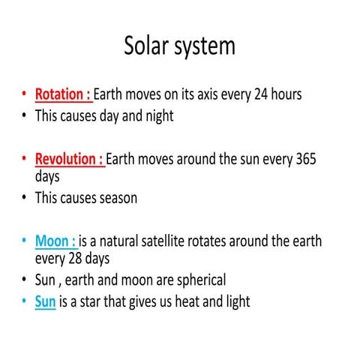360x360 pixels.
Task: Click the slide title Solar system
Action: click(179, 46)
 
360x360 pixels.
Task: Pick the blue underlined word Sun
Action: click(46, 302)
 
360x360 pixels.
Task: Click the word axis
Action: click(206, 96)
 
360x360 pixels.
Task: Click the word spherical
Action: click(197, 280)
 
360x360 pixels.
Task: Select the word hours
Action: click(280, 96)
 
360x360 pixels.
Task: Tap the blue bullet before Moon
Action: click(25, 242)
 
